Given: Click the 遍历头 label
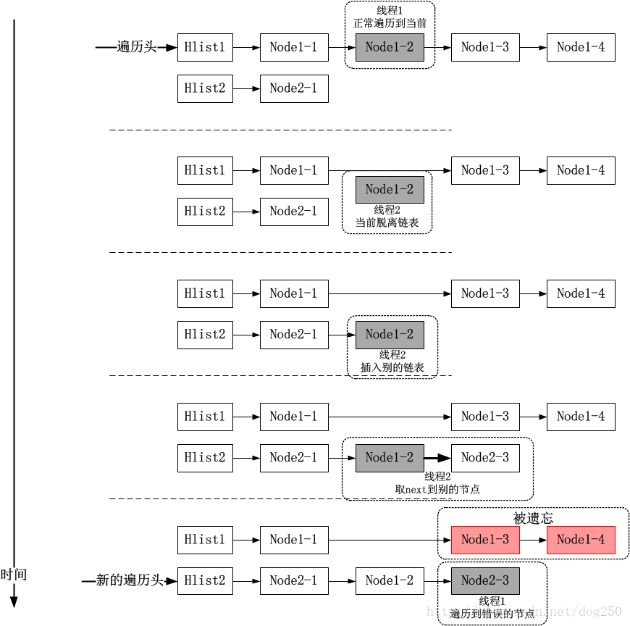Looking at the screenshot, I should coord(137,48).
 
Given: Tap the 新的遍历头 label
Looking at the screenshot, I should coord(126,580).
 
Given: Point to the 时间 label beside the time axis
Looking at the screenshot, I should coord(14,575).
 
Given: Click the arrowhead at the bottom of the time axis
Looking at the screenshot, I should coord(14,601).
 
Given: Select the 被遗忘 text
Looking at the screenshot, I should coord(533,518).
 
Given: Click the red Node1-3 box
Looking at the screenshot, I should coord(485,540).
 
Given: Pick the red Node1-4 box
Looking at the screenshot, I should coord(581,540).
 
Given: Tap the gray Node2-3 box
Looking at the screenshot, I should coord(485,580).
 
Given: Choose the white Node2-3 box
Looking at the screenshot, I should coord(485,457).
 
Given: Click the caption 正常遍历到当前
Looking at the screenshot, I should coord(390,23).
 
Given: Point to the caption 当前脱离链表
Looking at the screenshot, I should coord(387,222).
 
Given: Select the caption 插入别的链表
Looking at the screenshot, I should coord(392,367).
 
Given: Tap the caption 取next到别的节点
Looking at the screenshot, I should coord(437,489).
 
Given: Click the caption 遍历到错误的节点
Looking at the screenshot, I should coord(492,614).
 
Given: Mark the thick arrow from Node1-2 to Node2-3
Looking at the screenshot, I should coord(437,458).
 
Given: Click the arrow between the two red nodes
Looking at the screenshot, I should coord(533,540).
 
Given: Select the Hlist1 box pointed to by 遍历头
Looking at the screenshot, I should coord(205,48).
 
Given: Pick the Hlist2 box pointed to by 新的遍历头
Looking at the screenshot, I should coord(205,580).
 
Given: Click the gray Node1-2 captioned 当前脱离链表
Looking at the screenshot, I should coord(390,190).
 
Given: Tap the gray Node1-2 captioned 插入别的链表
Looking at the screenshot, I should coord(390,335).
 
